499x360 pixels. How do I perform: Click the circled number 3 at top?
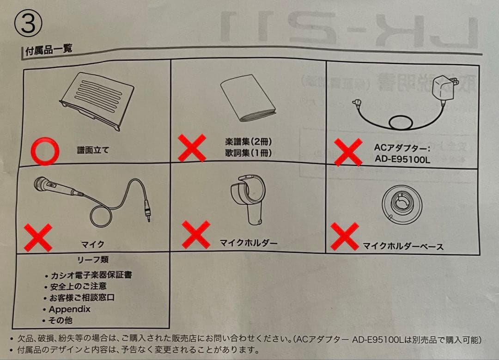tap(28, 23)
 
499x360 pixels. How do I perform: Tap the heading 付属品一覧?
tap(49, 49)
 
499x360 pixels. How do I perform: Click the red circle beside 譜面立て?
tap(45, 151)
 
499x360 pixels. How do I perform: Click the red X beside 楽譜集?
tap(192, 147)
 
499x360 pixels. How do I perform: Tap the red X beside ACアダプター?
tap(348, 152)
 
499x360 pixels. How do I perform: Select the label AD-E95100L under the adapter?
tap(402, 159)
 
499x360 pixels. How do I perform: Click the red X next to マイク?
tap(38, 238)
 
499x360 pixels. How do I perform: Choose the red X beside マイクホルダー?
tap(196, 234)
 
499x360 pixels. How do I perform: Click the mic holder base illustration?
tap(402, 203)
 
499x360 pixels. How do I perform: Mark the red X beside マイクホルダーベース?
tap(345, 236)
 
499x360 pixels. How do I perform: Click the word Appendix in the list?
tap(69, 309)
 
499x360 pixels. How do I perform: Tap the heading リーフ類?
tap(93, 259)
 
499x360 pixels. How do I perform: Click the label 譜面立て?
tap(93, 150)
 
